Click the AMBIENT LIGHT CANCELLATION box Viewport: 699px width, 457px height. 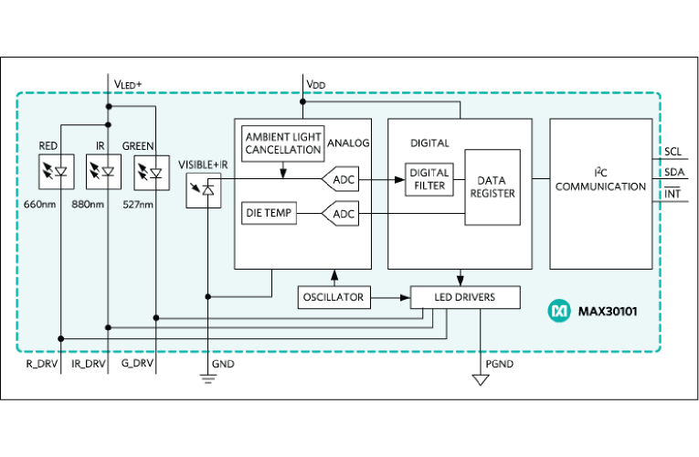pos(283,143)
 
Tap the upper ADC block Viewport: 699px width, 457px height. pos(342,180)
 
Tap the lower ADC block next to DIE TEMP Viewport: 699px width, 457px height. pos(342,214)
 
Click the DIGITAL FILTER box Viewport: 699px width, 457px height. pos(429,179)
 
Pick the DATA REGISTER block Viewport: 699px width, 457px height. pos(492,186)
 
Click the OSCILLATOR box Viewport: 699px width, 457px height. pos(333,297)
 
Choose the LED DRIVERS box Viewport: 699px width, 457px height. pos(465,297)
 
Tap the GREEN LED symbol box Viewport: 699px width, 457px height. pos(149,171)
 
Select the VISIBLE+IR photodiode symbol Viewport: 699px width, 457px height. pos(203,190)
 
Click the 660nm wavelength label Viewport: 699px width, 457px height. pos(40,203)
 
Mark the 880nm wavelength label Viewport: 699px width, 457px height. pos(89,203)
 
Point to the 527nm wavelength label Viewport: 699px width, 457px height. pos(138,203)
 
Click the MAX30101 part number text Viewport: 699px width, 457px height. pos(608,311)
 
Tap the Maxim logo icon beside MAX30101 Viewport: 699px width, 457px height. pos(559,311)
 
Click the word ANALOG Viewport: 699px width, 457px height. pos(348,143)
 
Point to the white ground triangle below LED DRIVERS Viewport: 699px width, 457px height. pos(481,378)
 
